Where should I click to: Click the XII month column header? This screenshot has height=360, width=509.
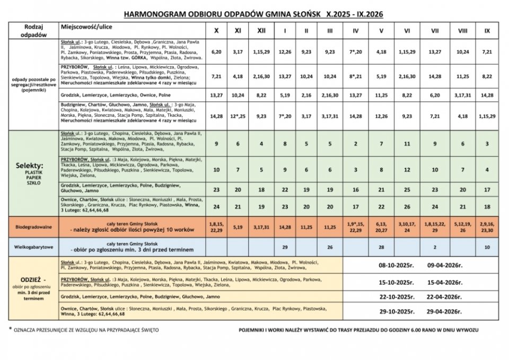click(261, 31)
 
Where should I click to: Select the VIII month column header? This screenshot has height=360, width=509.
click(462, 31)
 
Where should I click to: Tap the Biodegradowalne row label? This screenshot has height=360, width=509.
click(33, 226)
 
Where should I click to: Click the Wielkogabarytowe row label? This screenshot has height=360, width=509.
click(33, 248)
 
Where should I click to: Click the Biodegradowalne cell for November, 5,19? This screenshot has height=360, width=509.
click(237, 226)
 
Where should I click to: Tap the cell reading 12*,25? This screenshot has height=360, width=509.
click(237, 116)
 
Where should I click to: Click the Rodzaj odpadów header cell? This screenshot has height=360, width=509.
click(33, 30)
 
